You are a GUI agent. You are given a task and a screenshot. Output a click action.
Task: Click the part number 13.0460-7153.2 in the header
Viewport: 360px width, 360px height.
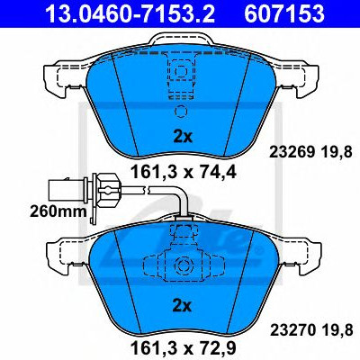point(130,13)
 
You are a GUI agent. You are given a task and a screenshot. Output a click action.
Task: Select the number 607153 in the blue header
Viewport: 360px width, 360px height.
point(284,13)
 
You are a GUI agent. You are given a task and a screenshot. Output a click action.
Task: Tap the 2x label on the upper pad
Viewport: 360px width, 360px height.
point(183,137)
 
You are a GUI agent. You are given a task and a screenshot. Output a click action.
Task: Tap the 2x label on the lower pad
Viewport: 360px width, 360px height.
point(183,306)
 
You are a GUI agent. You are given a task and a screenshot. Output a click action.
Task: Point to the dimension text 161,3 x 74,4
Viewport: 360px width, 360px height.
point(183,172)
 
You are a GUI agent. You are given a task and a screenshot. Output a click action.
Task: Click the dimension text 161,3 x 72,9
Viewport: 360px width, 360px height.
point(183,348)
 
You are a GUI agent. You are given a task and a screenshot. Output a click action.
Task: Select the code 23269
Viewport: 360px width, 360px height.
point(292,153)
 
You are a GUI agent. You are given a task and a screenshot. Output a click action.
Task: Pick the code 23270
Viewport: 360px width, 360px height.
point(292,330)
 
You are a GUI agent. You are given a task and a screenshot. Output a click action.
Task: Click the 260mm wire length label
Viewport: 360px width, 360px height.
point(58,211)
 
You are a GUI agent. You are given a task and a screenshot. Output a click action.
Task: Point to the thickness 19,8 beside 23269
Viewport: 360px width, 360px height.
point(337,153)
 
